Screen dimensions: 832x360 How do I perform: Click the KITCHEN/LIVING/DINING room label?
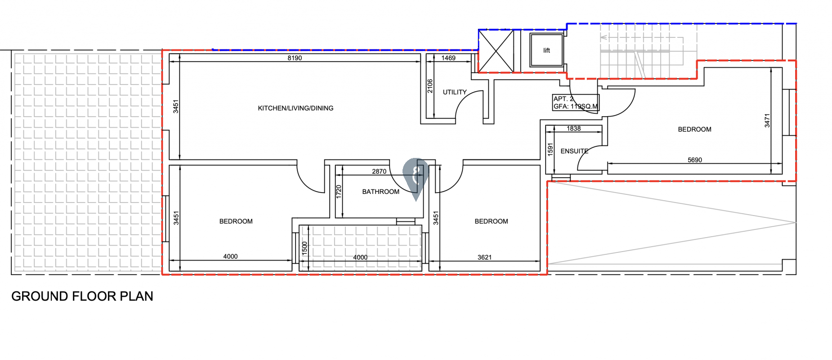coord(295,108)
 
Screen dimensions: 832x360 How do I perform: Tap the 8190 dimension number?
coord(295,58)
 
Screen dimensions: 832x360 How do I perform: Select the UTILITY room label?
coord(455,92)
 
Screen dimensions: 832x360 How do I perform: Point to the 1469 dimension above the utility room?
coord(448,58)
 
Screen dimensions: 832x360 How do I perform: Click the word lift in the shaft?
coord(546,50)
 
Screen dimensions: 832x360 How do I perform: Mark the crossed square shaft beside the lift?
coord(496,51)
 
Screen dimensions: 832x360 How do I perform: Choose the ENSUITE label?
coord(574,151)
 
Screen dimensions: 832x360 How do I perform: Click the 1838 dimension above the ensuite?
coord(573,129)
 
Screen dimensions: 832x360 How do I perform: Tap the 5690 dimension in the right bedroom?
coord(695,160)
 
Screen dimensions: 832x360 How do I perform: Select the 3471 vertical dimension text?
coord(767,120)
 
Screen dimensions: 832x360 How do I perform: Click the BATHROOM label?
coord(380,192)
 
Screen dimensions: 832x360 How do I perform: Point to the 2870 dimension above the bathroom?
coord(379,171)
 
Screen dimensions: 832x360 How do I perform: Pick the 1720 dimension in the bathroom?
coord(339,192)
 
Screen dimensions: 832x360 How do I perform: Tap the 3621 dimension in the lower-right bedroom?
coord(484,257)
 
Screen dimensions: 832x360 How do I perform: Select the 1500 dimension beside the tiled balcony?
coord(304,248)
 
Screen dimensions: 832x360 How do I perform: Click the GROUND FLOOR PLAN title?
coord(82,296)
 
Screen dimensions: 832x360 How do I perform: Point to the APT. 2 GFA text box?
coord(576,103)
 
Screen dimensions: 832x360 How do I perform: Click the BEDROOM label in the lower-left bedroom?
coord(236,221)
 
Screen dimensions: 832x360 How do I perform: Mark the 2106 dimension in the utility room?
coord(430,86)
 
